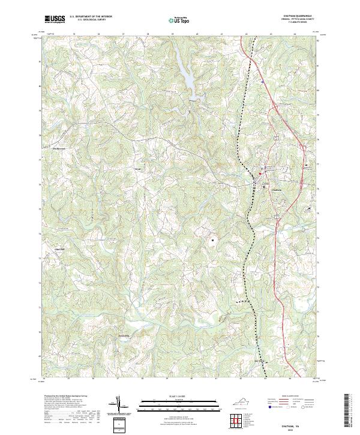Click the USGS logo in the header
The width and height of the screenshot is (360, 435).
tap(55, 19)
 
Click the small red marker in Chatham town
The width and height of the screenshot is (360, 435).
tap(260, 175)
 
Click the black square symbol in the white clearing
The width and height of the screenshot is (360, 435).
tap(212, 240)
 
